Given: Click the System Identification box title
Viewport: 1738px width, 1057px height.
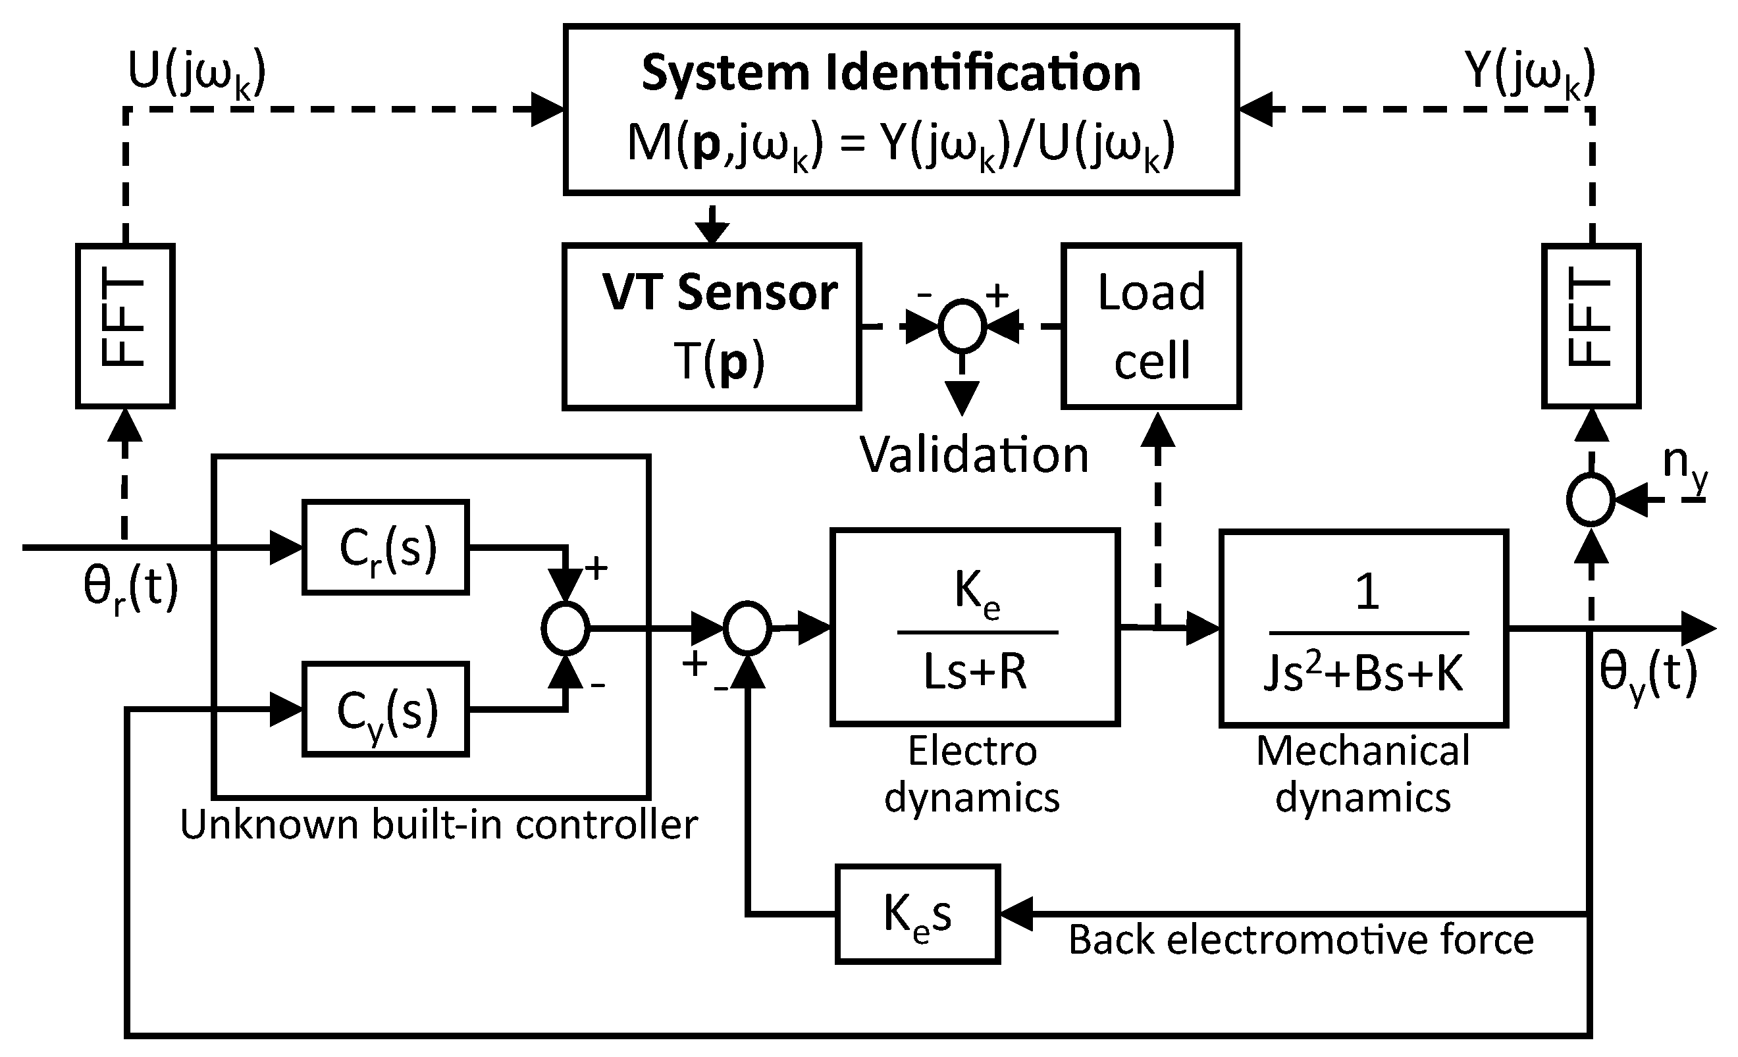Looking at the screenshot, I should (x=890, y=73).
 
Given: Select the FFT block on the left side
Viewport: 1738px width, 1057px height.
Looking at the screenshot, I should (x=125, y=326).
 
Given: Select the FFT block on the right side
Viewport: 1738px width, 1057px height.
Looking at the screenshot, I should (x=1591, y=326).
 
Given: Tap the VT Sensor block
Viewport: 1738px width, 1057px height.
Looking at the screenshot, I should (x=712, y=326).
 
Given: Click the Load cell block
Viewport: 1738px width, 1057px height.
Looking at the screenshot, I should (x=1151, y=326).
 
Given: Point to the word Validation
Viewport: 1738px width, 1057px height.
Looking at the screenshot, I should (x=974, y=455).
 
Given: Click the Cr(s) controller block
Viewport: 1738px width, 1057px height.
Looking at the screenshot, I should (x=386, y=547).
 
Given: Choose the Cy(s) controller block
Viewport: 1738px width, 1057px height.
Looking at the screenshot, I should (x=386, y=709).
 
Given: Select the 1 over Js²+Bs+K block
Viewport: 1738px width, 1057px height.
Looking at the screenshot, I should (x=1363, y=629).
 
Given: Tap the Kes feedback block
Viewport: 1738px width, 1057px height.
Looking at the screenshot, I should (x=918, y=914).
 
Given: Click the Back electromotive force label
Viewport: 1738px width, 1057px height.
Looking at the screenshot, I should (x=1301, y=940).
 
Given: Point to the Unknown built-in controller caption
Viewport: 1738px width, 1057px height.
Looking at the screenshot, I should (x=438, y=824).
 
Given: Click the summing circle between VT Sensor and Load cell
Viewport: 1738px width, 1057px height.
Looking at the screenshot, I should (x=961, y=326).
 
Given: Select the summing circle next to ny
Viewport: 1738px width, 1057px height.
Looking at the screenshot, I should (x=1591, y=500).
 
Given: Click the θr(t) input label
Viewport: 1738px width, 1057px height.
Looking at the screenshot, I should (x=131, y=590).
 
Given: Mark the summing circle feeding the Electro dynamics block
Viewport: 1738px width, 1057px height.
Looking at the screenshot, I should (x=747, y=627).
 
